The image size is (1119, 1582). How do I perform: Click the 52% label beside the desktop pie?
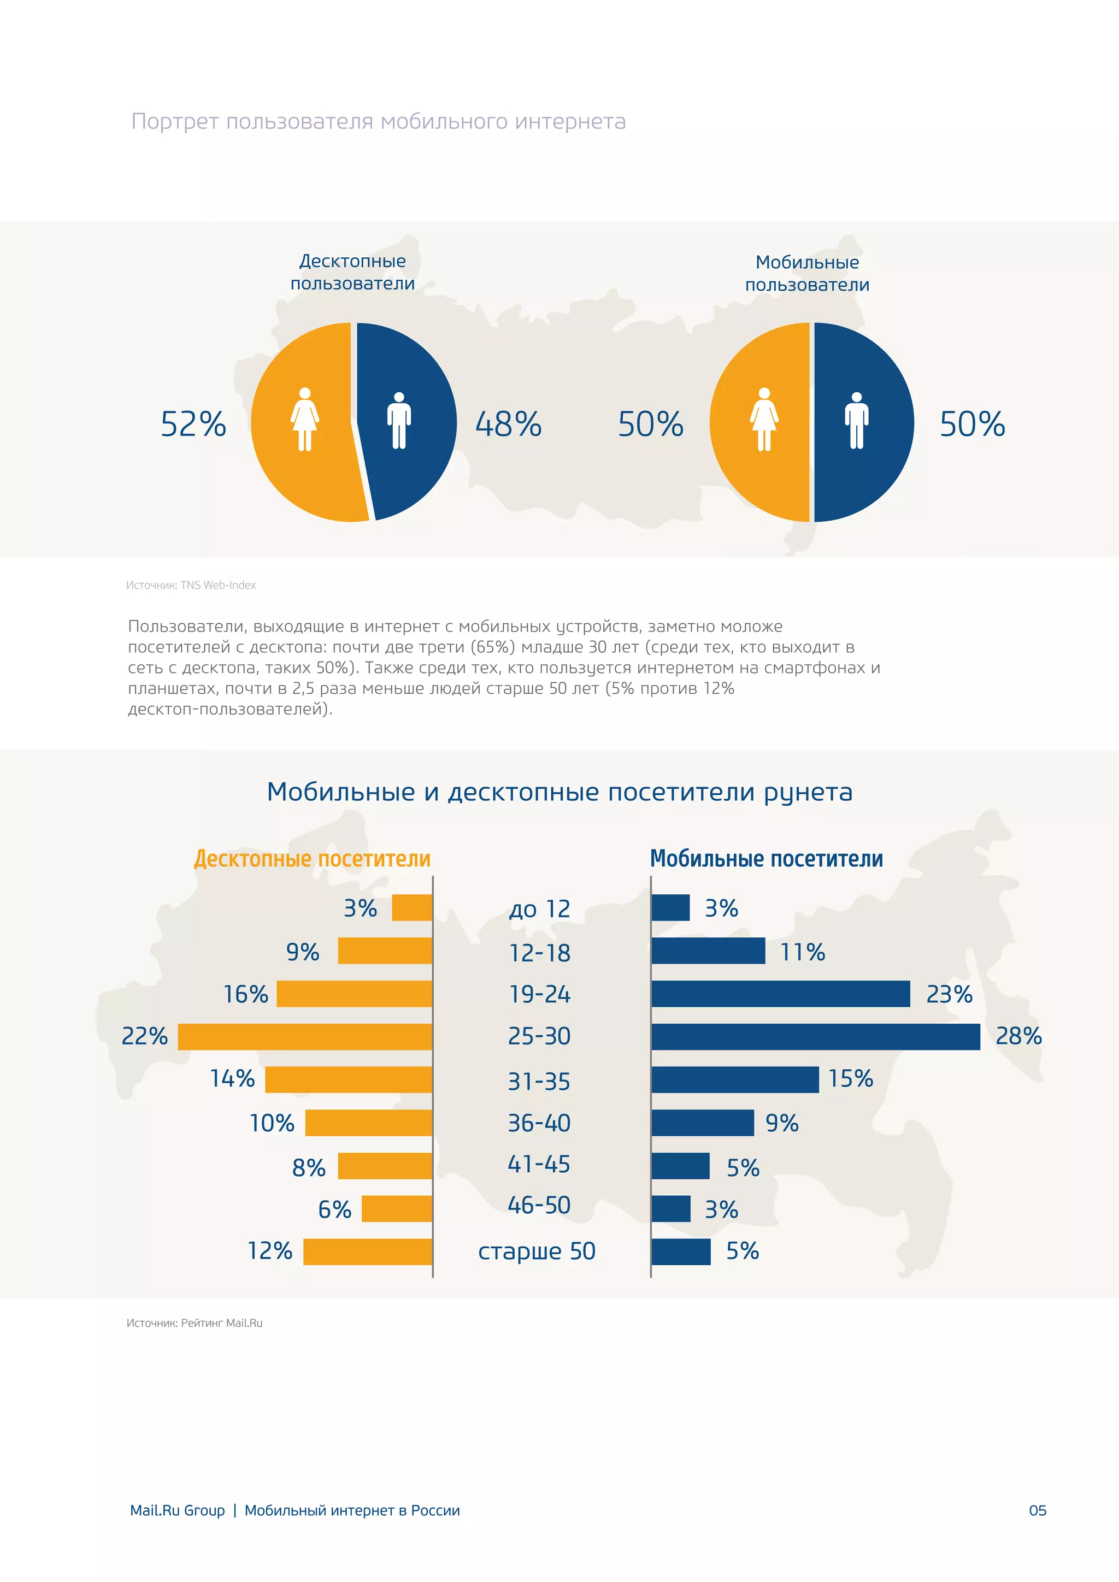coord(193,424)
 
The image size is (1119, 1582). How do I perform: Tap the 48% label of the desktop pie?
coord(509,424)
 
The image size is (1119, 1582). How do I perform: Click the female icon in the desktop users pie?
coord(304,419)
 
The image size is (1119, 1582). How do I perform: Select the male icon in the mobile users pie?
coord(857,420)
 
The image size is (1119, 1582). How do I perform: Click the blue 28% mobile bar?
coord(815,1036)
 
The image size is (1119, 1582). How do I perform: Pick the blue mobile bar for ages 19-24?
coord(780,994)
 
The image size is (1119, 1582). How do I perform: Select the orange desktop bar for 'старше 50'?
coord(367,1252)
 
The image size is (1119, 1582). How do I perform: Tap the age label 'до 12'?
coord(539,909)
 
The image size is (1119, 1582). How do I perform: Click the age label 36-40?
coord(539,1123)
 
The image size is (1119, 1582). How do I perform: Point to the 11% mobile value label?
coord(802,952)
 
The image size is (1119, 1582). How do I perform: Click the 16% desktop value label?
coord(245,994)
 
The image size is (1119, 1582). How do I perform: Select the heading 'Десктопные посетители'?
coord(312,859)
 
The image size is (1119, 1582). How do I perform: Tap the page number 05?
coord(1037,1510)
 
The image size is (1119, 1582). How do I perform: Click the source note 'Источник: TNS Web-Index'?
coord(191,585)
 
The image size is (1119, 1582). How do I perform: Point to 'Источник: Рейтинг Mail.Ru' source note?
coord(195,1323)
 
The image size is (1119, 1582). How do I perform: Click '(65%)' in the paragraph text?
coord(492,647)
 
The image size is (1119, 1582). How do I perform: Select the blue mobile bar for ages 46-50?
coord(670,1208)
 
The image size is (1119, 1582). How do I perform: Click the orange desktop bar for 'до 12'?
coord(411,907)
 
